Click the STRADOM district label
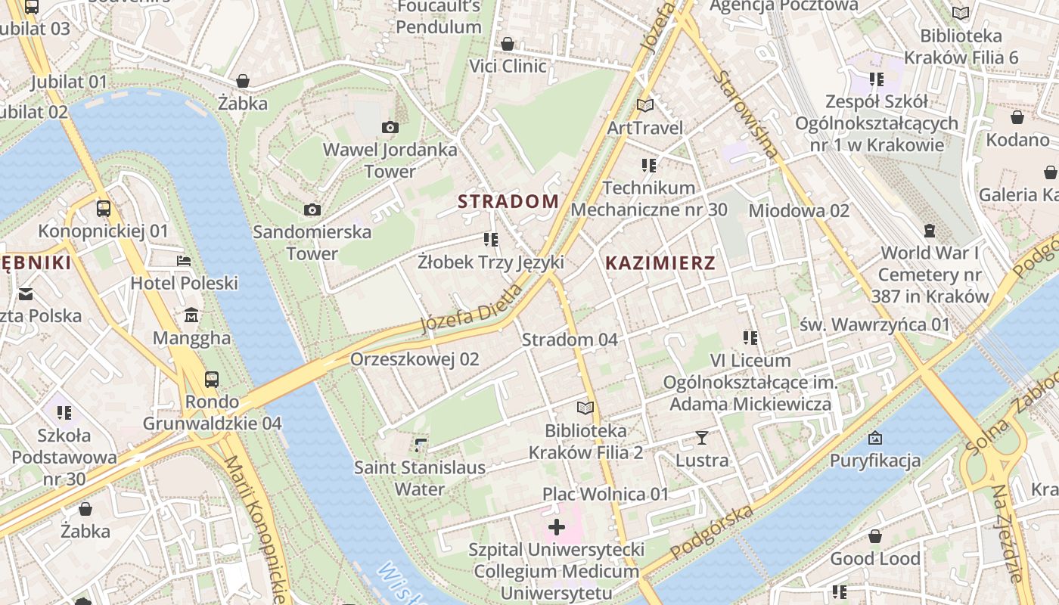(508, 201)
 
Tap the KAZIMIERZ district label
(660, 263)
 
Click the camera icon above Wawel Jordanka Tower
(390, 127)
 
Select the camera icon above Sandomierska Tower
(312, 209)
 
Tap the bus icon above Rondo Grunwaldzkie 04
(212, 379)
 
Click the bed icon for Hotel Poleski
(184, 261)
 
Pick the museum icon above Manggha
(191, 315)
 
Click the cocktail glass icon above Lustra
(702, 437)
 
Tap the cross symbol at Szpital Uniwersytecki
(557, 527)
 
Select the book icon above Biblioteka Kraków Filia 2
(585, 408)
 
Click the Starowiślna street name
(745, 114)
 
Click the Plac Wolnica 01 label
(605, 495)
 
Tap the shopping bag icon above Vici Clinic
(508, 44)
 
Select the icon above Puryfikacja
(875, 438)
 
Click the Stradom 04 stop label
(570, 340)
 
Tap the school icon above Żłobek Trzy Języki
(491, 240)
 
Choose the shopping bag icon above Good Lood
(875, 536)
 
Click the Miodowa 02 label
(799, 211)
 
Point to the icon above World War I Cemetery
(930, 230)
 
